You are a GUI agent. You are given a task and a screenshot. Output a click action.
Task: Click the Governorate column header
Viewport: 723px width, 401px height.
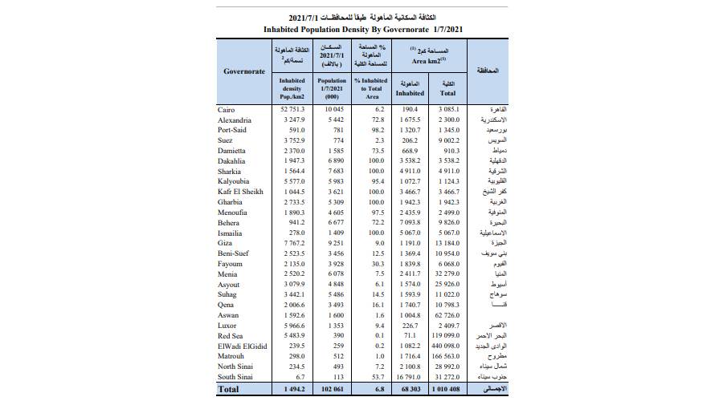click(244, 71)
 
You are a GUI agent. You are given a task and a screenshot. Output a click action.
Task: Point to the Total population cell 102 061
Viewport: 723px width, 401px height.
click(331, 389)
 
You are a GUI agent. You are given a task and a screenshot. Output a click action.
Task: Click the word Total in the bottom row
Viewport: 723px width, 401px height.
click(228, 389)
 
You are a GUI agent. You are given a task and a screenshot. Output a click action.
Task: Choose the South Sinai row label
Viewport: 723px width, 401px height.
click(235, 375)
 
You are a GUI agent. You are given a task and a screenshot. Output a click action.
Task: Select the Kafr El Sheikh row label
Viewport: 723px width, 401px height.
click(239, 192)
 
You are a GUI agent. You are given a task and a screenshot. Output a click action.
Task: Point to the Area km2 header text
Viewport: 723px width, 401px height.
click(427, 59)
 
